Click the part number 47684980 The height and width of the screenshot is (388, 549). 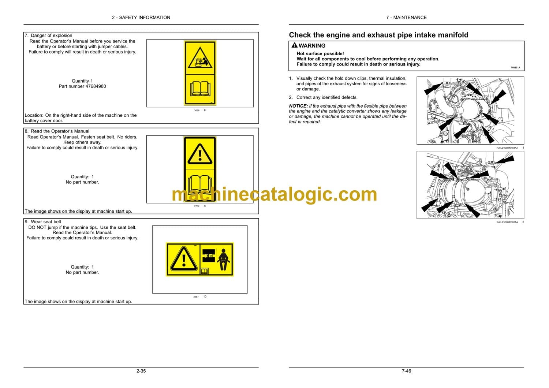tap(94, 86)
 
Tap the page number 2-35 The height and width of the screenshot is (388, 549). tap(141, 371)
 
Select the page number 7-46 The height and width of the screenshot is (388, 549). tap(406, 371)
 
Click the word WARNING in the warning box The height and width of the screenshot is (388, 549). tap(312, 46)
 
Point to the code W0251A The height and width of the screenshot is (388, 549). tap(515, 67)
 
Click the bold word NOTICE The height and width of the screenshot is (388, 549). tap(298, 106)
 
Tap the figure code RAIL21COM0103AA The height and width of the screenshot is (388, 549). tap(507, 148)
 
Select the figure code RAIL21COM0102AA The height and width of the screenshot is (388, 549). tap(507, 222)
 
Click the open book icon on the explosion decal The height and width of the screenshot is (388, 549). tap(200, 89)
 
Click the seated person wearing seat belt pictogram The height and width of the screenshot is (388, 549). tap(223, 260)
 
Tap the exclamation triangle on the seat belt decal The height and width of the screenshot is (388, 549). tap(184, 259)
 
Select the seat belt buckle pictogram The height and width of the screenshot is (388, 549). tap(209, 255)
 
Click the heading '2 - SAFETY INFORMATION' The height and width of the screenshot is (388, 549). tap(141, 18)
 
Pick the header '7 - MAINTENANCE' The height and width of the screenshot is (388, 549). tap(406, 18)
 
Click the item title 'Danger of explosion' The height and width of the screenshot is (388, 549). tap(52, 35)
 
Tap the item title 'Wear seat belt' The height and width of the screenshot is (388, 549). tap(46, 221)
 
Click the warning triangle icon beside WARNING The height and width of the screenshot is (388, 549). tap(294, 45)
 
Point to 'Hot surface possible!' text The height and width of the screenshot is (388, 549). tap(320, 53)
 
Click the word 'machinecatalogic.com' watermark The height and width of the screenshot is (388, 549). tap(274, 194)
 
